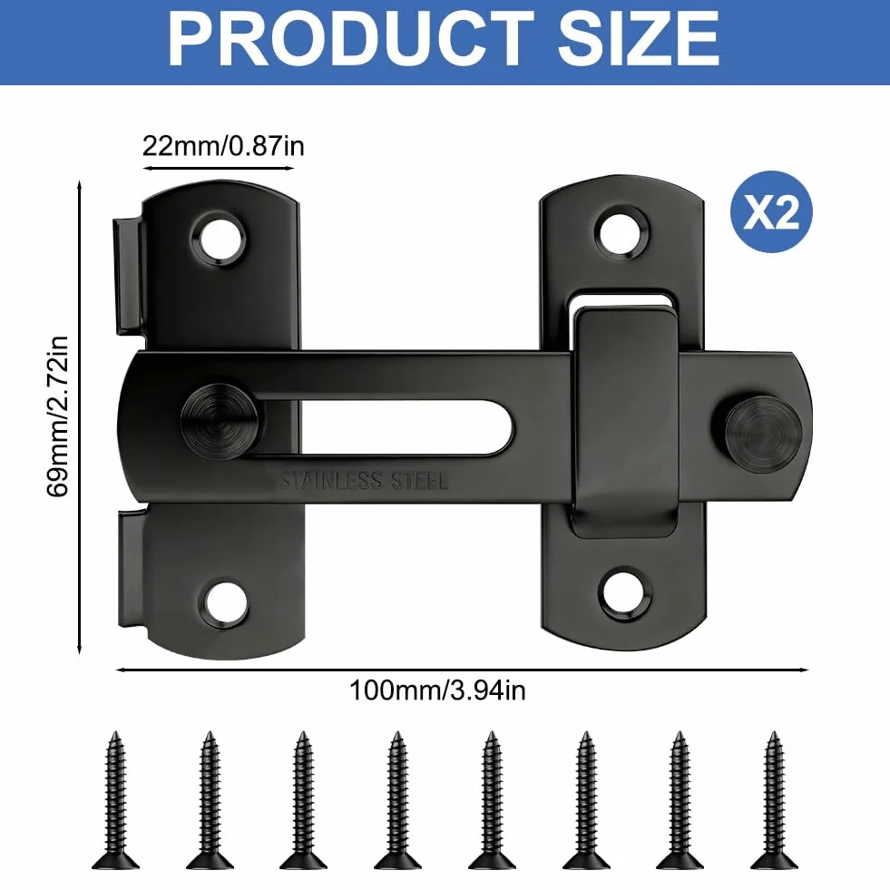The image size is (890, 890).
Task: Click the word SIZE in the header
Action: pos(639,39)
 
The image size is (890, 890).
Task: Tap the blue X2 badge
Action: pos(771,211)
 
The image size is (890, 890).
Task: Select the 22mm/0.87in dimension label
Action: pos(223,146)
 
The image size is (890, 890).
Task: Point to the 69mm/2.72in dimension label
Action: pos(57,416)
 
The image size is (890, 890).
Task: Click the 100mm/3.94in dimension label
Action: pos(437,690)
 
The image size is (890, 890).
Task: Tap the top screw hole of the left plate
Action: pos(219,239)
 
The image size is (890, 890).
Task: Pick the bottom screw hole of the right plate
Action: pos(624,593)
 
